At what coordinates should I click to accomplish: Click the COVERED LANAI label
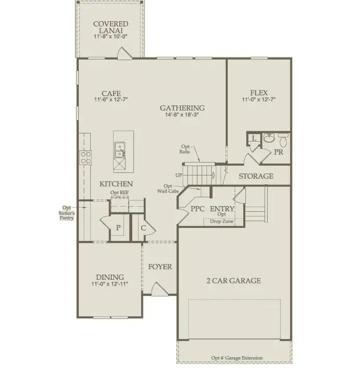coord(110,28)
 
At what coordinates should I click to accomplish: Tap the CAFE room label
coord(111,93)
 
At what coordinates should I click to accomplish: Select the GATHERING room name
coord(182,108)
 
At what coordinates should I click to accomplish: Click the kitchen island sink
coord(119,150)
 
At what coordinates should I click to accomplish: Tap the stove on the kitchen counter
coord(85,157)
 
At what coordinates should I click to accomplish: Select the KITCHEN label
coord(116,184)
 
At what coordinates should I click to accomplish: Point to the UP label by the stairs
coord(179,175)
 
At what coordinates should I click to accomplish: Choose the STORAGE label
coord(256,176)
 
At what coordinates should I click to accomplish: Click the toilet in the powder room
coord(283,140)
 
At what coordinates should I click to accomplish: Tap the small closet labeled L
coord(253,138)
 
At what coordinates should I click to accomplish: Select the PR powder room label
coord(279,153)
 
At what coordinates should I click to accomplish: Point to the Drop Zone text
coord(221,222)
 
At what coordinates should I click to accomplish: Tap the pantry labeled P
coord(118,227)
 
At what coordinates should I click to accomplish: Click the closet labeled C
coord(143,227)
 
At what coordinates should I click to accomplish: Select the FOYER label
coord(160,267)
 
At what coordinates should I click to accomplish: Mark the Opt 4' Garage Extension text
coord(237,358)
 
